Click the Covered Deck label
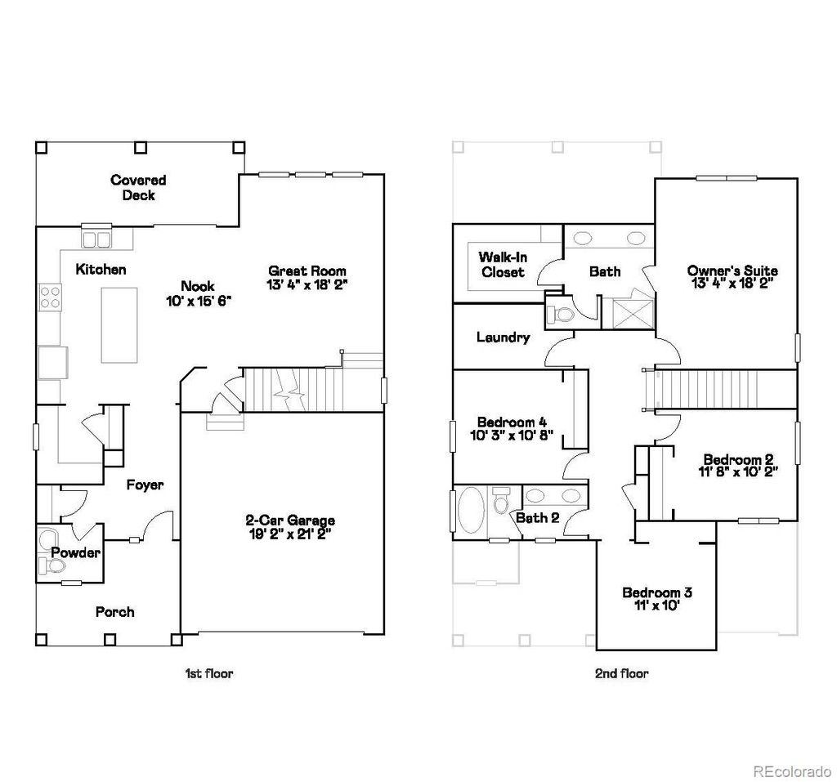[x=138, y=187]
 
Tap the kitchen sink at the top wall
[x=96, y=239]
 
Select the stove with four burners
[x=50, y=296]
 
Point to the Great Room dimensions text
[x=307, y=285]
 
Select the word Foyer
[x=145, y=485]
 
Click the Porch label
[x=114, y=612]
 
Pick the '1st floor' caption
[x=208, y=673]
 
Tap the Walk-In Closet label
[x=503, y=264]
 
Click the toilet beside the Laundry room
[x=561, y=314]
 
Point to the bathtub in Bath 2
[x=470, y=512]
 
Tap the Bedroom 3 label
[x=657, y=592]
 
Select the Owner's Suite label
[x=732, y=270]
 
